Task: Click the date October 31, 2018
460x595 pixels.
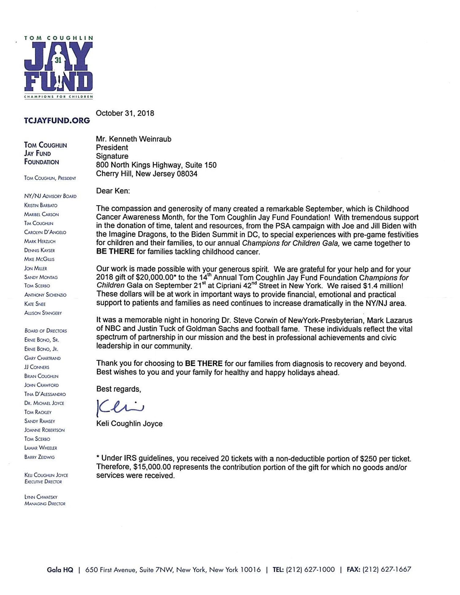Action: [125, 113]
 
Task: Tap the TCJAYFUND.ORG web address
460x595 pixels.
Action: [57, 120]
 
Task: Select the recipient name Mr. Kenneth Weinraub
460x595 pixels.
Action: [134, 139]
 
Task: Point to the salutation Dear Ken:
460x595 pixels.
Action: [113, 191]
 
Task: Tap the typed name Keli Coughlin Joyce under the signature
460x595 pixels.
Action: [129, 424]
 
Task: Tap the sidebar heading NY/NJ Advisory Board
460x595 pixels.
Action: [50, 196]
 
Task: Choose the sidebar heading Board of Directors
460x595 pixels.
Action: [46, 331]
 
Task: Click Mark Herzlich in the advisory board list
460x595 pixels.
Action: [40, 241]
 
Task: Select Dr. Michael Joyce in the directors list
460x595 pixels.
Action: [44, 403]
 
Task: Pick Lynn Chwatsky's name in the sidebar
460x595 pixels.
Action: [41, 497]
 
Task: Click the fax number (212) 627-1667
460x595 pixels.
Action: [387, 570]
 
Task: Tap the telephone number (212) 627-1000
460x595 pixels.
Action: [310, 570]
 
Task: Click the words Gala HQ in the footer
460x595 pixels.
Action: [60, 570]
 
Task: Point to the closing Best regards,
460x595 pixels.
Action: [119, 389]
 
